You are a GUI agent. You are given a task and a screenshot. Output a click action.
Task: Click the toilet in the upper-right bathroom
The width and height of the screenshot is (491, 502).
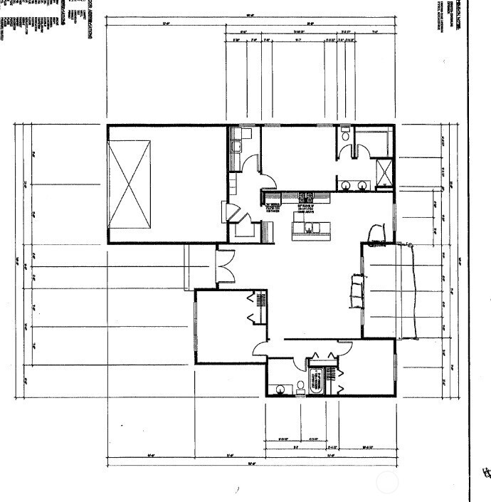click(344, 136)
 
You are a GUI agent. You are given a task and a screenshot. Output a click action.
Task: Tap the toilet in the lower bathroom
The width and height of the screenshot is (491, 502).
click(300, 387)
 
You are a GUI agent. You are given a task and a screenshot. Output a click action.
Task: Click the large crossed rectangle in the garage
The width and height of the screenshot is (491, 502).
click(129, 184)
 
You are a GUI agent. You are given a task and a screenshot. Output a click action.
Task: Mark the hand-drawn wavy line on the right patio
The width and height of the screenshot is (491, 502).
click(411, 292)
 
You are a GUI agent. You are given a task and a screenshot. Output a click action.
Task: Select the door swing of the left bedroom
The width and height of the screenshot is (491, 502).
click(261, 348)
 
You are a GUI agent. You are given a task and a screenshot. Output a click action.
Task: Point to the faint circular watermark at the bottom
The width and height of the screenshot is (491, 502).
click(388, 482)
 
